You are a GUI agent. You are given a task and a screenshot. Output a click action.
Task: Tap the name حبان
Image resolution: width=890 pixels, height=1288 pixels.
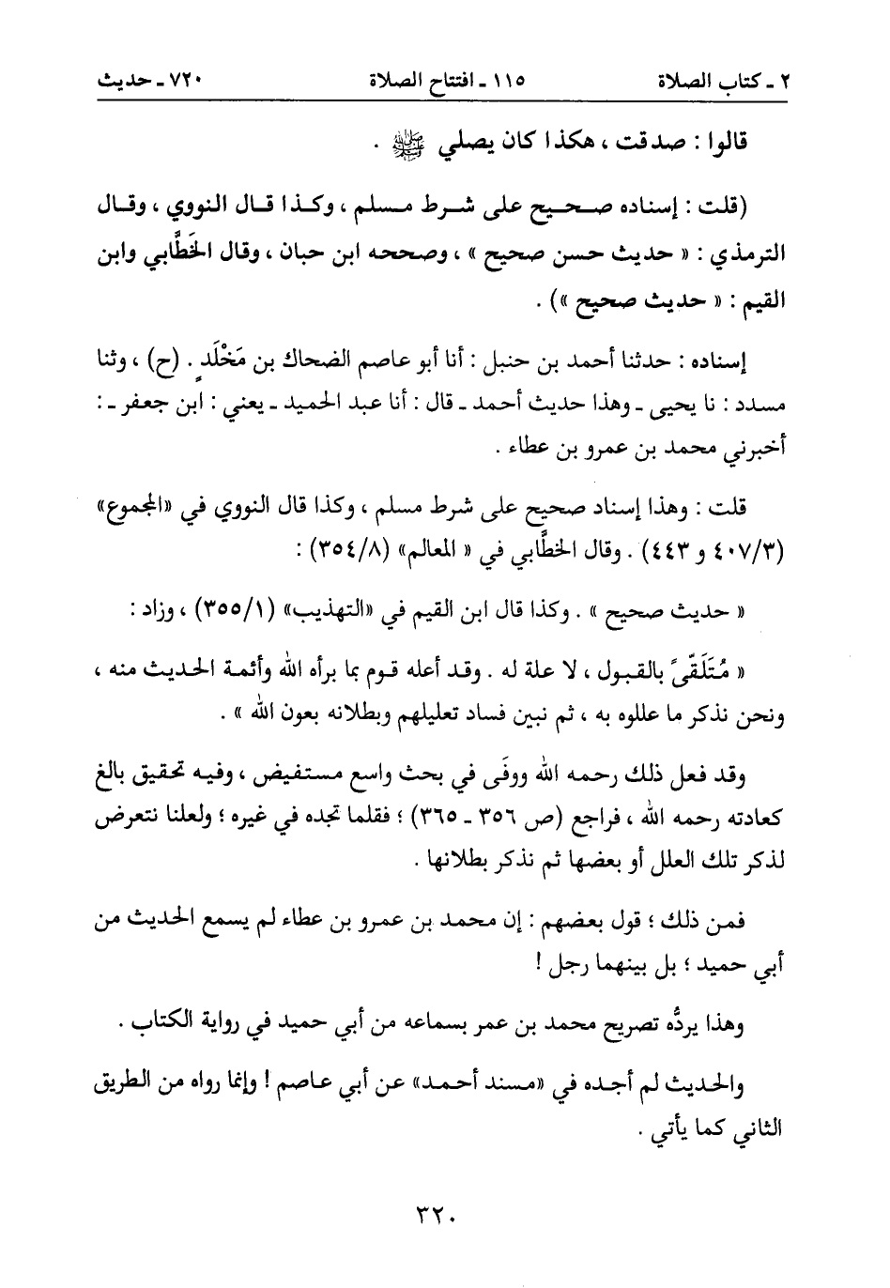point(345,253)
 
